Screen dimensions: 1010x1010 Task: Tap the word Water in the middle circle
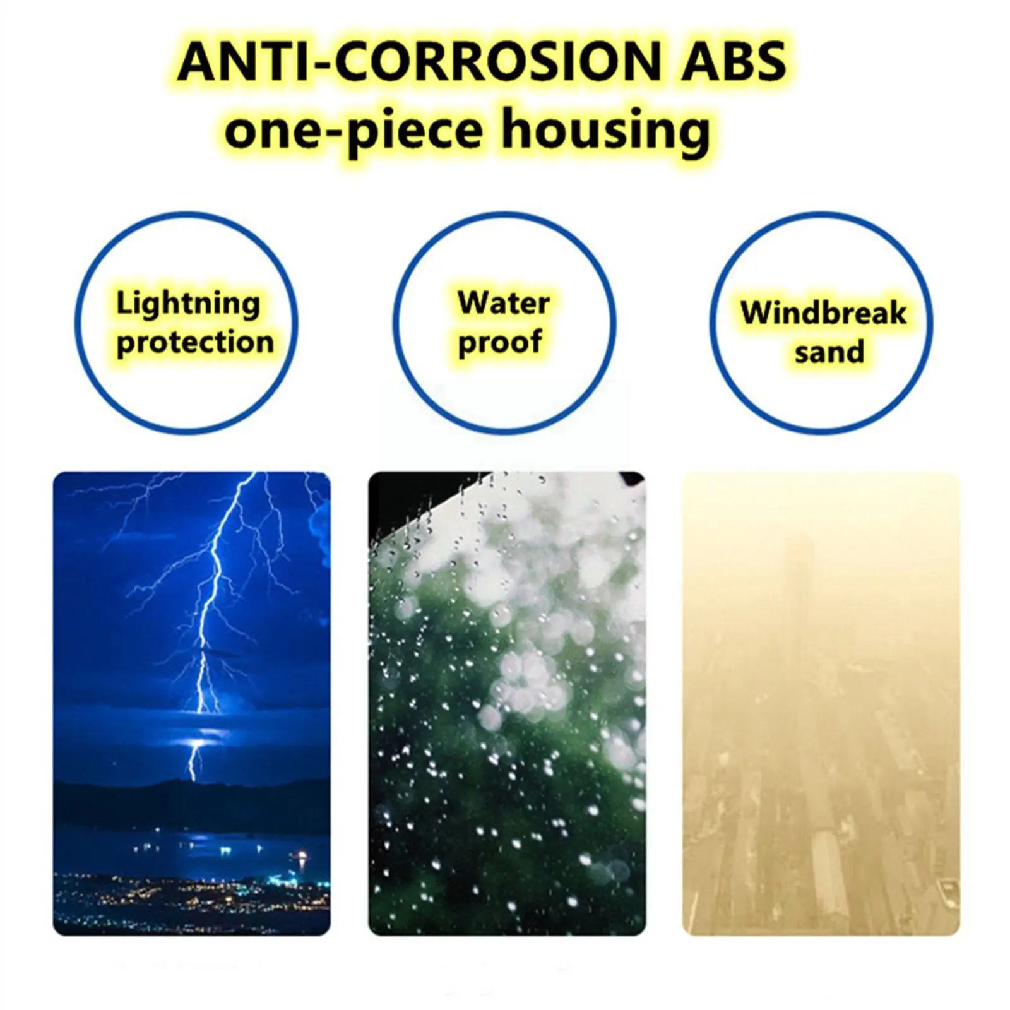click(x=504, y=303)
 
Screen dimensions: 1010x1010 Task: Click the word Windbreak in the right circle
click(x=824, y=313)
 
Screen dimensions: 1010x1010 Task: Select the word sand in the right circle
click(x=829, y=352)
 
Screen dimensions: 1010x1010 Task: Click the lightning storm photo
click(x=192, y=703)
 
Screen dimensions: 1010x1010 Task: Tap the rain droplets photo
click(x=507, y=703)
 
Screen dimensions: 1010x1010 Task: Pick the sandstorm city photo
click(x=821, y=703)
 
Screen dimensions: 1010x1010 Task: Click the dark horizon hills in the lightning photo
click(x=192, y=802)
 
